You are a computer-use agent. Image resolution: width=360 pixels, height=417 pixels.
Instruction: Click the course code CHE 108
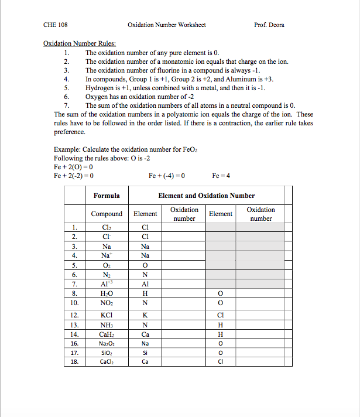56,25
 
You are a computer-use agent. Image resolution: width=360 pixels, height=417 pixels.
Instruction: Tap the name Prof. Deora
269,25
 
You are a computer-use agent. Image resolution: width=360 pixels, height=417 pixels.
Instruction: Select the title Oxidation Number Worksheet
166,25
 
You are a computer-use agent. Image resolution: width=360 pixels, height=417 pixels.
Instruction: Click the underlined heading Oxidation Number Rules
80,43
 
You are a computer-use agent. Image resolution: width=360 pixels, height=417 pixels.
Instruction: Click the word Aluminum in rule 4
242,78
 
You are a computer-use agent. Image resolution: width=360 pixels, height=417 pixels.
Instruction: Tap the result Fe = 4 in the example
221,175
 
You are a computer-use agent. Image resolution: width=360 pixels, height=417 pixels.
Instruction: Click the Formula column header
107,196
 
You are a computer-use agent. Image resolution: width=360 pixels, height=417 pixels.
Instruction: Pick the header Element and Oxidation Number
207,196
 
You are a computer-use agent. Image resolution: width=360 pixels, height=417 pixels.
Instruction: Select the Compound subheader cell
107,214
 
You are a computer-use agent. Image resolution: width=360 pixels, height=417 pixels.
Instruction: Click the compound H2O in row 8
107,293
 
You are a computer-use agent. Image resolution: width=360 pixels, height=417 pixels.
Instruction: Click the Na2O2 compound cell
107,343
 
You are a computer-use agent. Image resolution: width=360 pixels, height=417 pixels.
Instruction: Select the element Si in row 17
145,353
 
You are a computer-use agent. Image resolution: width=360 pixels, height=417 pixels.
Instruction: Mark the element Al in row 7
145,284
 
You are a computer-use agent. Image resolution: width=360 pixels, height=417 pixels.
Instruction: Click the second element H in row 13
221,325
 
